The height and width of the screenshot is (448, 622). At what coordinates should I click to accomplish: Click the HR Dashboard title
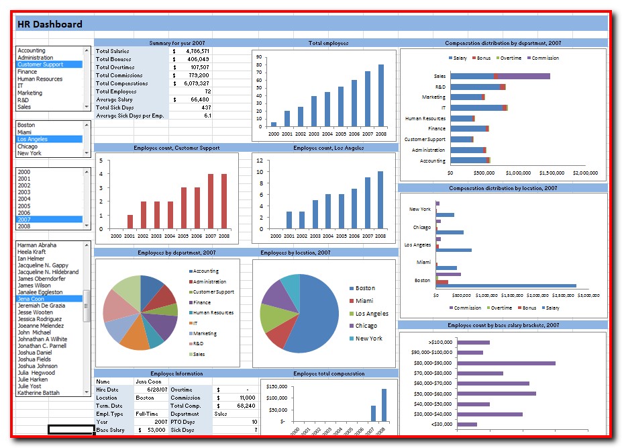point(50,25)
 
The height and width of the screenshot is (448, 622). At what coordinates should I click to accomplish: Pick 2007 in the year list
point(25,220)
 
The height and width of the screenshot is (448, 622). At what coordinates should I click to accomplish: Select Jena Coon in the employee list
point(33,299)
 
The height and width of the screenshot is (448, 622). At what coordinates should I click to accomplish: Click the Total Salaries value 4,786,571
point(197,51)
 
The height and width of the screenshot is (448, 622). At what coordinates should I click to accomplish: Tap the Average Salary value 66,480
point(199,99)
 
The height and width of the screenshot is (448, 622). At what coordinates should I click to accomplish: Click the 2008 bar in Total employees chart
point(381,95)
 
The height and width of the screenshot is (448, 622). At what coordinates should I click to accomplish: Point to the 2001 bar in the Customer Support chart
point(129,222)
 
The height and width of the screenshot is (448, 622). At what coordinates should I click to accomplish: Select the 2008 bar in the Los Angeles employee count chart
point(380,199)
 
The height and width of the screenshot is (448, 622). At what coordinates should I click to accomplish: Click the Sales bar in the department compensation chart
point(500,77)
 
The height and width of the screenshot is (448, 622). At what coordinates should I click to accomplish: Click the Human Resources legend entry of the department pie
point(213,313)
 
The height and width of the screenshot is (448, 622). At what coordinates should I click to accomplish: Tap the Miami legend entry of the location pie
point(364,301)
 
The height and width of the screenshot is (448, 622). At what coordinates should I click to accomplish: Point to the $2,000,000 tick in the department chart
point(585,173)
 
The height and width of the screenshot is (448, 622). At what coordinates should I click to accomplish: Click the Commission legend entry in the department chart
point(545,58)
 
